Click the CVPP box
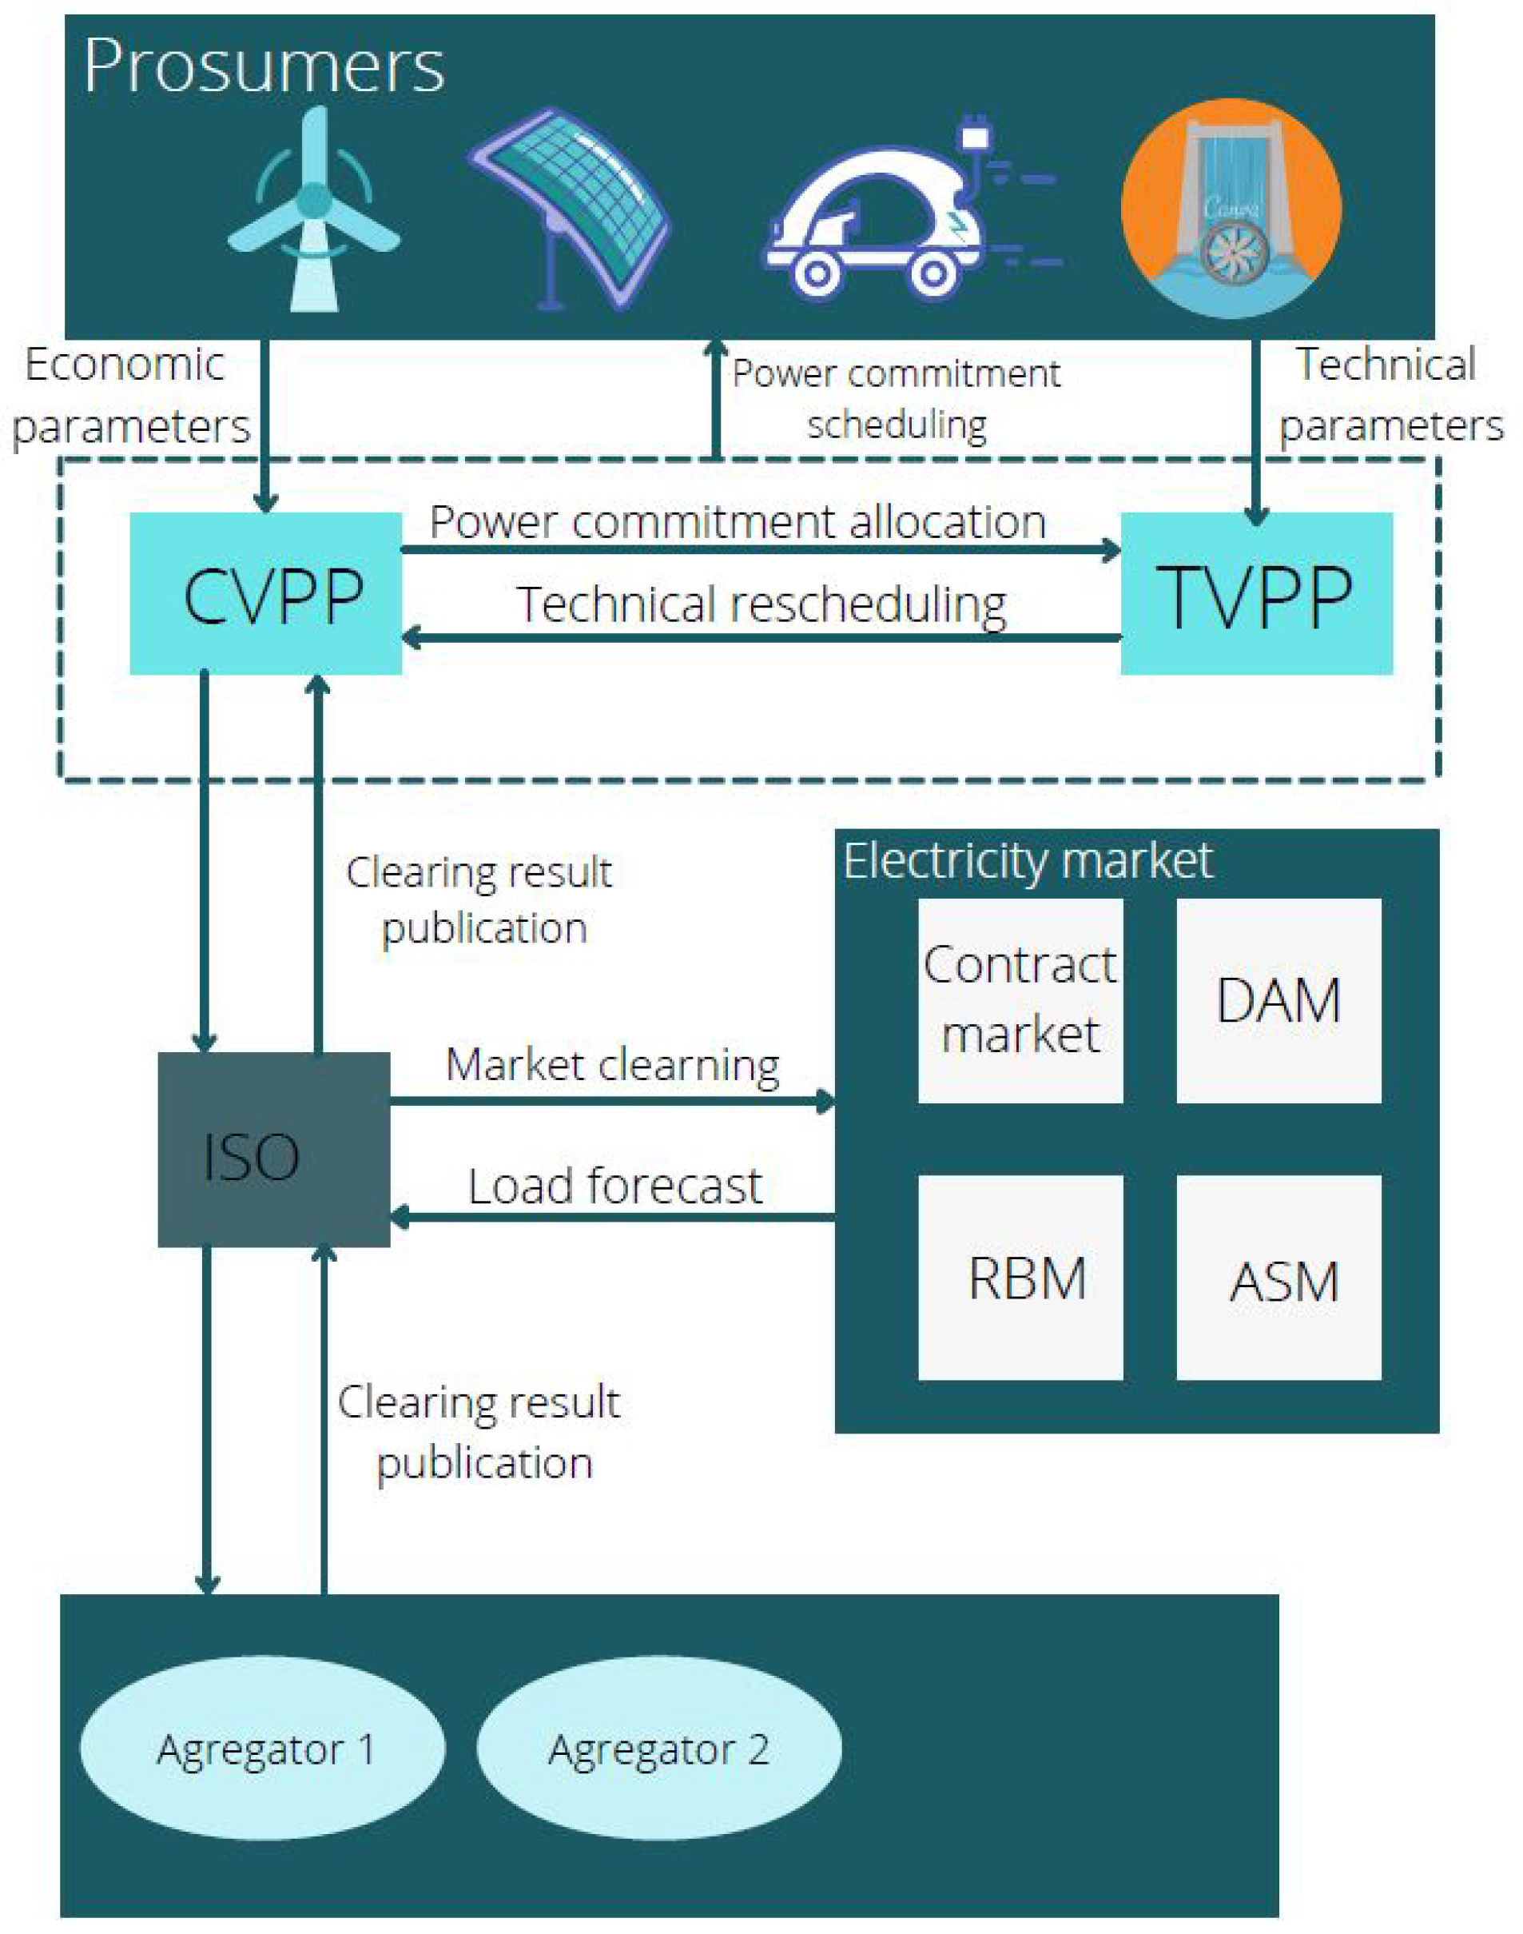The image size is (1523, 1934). pos(266,593)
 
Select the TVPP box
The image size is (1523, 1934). pos(1255,593)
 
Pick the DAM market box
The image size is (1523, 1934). pos(1278,1000)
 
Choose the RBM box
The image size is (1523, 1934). pos(1020,1278)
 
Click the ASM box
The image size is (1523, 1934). pos(1278,1278)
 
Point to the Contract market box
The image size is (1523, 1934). pos(1020,1000)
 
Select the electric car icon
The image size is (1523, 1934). pos(892,214)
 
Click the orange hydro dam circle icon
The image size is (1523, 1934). pos(1231,208)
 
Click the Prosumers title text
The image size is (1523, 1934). pos(264,66)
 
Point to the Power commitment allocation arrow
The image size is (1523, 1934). pos(760,549)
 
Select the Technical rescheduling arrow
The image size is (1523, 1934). pos(760,637)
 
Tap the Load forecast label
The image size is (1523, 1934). pos(615,1186)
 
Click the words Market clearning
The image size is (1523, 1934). pos(613,1064)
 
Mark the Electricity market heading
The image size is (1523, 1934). pos(1028,861)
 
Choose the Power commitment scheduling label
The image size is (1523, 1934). pos(897,398)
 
